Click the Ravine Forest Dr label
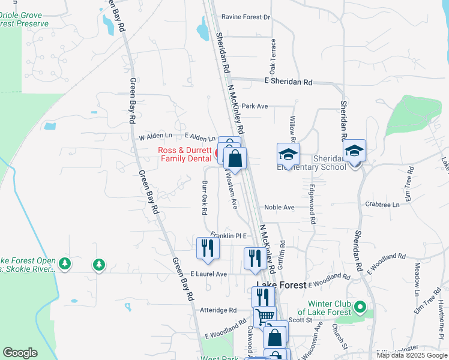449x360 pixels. click(x=246, y=17)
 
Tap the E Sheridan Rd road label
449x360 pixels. click(x=289, y=81)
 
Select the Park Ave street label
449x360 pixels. click(x=255, y=106)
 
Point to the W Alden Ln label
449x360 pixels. click(x=155, y=137)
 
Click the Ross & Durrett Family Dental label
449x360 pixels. click(x=185, y=154)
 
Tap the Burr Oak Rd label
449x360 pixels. click(x=204, y=198)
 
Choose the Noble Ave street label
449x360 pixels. click(x=279, y=207)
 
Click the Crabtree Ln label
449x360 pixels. click(x=382, y=205)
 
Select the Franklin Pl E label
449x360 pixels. click(x=229, y=236)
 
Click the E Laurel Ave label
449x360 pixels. click(x=209, y=274)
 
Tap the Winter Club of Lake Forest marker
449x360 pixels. click(x=360, y=308)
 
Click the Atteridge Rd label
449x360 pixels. click(x=219, y=310)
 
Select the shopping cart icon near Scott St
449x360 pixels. click(x=265, y=315)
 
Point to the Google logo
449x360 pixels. click(x=20, y=353)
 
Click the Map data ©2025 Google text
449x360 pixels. click(x=411, y=355)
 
